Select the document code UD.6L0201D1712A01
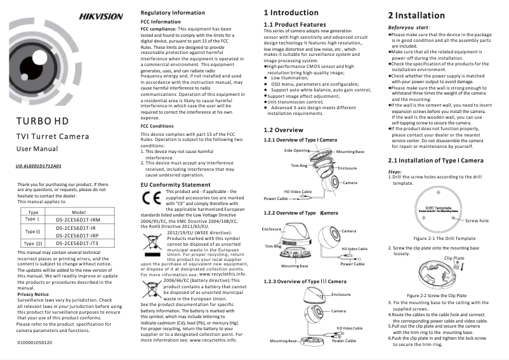pyautogui.click(x=37, y=166)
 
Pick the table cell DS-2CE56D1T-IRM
pyautogui.click(x=79, y=219)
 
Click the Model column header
pyautogui.click(x=79, y=212)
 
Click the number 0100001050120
pyautogui.click(x=34, y=342)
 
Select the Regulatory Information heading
pyautogui.click(x=173, y=13)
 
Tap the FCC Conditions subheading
pyautogui.click(x=157, y=126)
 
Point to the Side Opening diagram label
pyautogui.click(x=297, y=150)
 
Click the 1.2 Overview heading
pyautogui.click(x=283, y=130)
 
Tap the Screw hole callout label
pyautogui.click(x=477, y=220)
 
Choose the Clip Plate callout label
pyautogui.click(x=454, y=258)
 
